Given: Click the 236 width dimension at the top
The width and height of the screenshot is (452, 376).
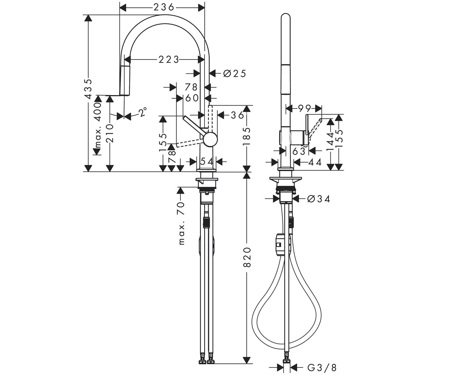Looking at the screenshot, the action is click(163, 8).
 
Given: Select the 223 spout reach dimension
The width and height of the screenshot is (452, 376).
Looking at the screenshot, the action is click(169, 60).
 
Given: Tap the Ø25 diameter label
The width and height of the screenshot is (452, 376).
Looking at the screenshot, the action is click(235, 74).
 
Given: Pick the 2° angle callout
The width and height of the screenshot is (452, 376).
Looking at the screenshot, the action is click(143, 112).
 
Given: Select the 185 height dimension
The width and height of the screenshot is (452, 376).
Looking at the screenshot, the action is click(247, 136).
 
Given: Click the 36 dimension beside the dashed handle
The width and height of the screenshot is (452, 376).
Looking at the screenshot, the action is click(237, 115).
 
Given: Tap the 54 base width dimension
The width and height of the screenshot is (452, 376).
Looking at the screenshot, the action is click(206, 161).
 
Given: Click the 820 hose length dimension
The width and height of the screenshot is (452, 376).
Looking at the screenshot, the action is click(247, 257).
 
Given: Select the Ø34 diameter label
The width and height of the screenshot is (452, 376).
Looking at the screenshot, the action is click(319, 199).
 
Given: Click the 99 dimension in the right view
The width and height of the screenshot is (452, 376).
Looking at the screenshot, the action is click(304, 108).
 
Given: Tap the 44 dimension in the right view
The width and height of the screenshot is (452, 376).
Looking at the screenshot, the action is click(315, 162).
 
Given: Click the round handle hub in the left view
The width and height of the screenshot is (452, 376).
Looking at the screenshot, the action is click(210, 139).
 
